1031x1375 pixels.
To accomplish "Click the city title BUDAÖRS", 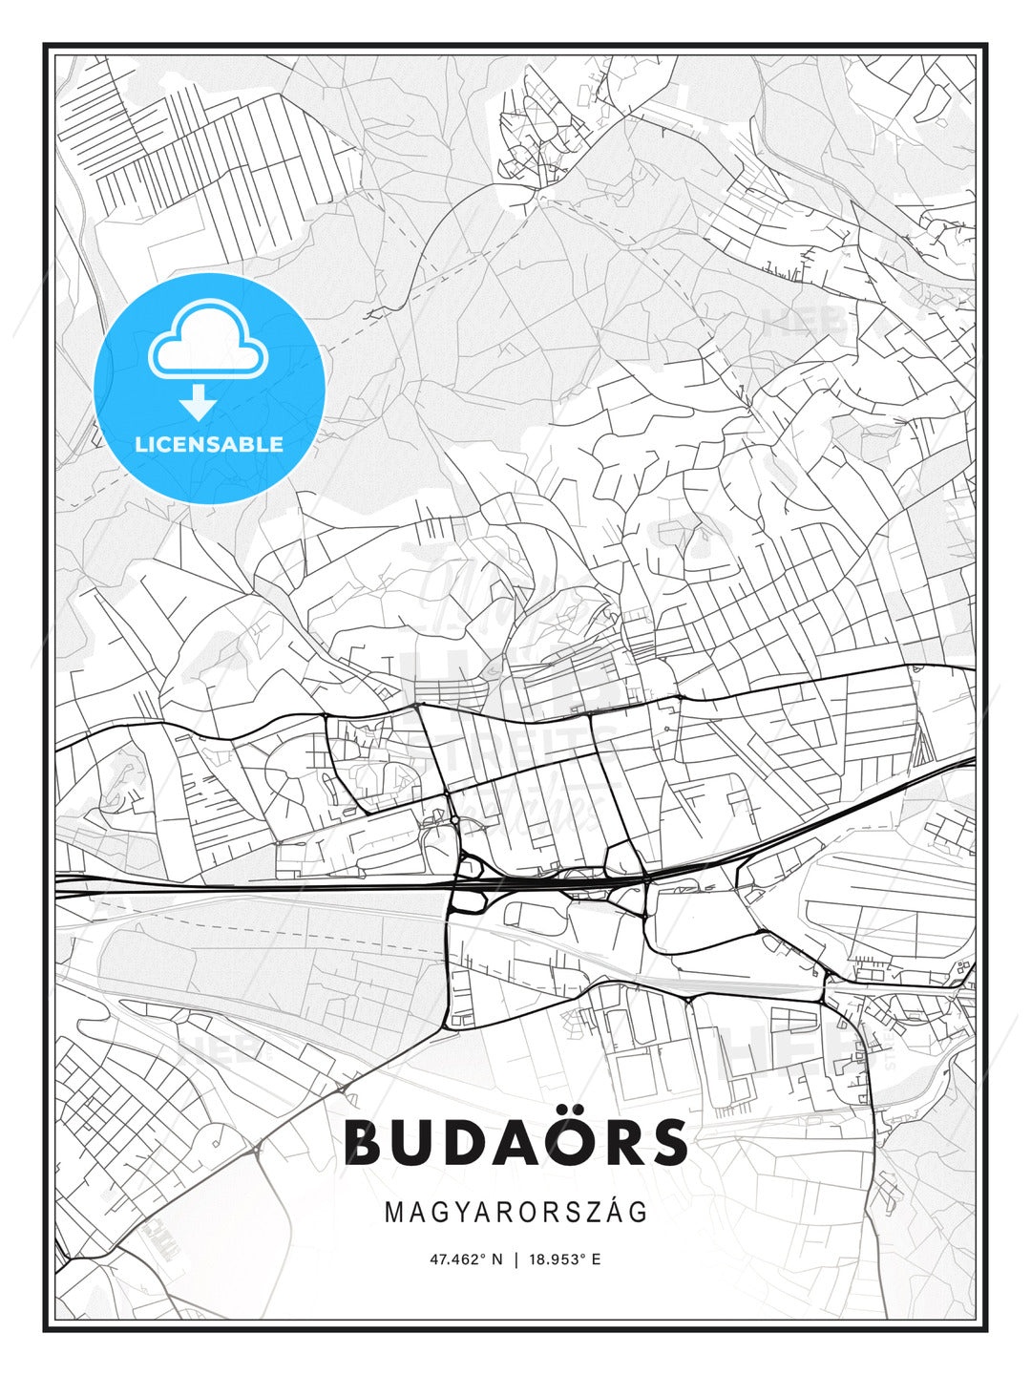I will (515, 1142).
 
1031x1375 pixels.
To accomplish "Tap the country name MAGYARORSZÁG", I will (515, 1212).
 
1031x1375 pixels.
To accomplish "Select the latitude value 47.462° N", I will (466, 1259).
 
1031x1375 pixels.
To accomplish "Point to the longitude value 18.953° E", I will (563, 1259).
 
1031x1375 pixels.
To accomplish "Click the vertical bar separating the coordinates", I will (516, 1259).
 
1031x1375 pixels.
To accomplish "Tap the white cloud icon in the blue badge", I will (208, 342).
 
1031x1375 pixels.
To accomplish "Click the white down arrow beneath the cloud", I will (198, 403).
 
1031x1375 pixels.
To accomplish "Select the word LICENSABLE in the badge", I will (209, 444).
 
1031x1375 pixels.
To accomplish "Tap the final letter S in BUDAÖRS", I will (669, 1142).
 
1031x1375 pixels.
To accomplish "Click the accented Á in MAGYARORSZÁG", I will (614, 1211).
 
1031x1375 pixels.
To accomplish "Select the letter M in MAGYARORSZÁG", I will (394, 1213).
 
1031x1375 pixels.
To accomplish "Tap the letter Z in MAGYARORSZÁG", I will (592, 1213).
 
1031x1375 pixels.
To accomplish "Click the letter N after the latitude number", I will (496, 1259).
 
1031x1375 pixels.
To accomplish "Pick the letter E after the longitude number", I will (596, 1259).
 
